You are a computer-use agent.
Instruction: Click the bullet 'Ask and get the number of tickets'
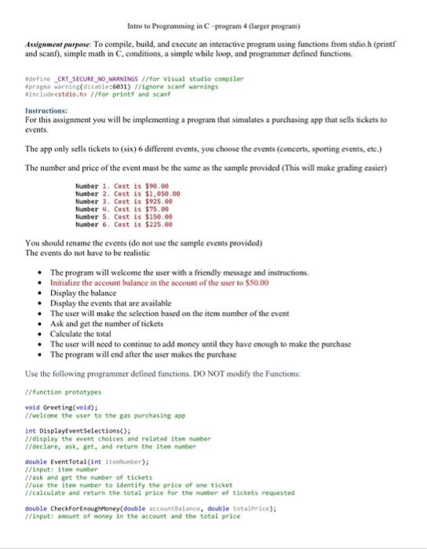pyautogui.click(x=111, y=323)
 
